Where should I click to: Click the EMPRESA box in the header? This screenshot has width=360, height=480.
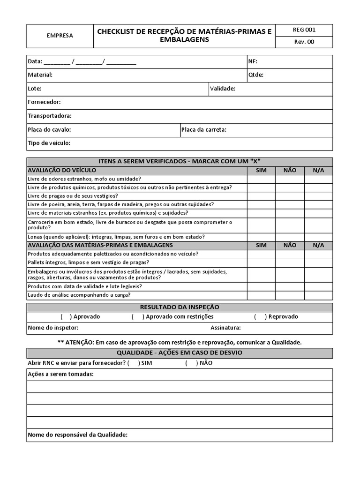(60, 36)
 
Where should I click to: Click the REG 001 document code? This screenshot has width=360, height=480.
(304, 30)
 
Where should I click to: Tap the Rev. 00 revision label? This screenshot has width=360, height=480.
(304, 42)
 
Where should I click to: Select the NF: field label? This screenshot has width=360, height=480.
(252, 61)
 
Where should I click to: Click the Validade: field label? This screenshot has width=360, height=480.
(222, 89)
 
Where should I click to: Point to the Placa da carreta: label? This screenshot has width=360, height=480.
(204, 130)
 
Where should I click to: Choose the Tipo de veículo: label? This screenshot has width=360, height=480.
(49, 143)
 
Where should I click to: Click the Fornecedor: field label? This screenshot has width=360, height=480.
(44, 102)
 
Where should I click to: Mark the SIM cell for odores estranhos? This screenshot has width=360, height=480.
(261, 179)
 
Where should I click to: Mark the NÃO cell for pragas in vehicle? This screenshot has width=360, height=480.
(290, 196)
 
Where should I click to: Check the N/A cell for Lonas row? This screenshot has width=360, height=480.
(318, 237)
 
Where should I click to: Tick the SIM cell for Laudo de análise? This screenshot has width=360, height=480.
(261, 295)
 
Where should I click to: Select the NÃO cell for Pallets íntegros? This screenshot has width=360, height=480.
(290, 262)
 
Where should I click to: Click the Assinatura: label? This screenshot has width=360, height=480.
(225, 328)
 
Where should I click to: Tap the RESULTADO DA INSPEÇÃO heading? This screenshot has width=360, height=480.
(180, 307)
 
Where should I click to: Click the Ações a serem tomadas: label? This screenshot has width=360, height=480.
(60, 374)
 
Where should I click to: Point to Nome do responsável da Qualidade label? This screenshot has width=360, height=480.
(78, 435)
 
